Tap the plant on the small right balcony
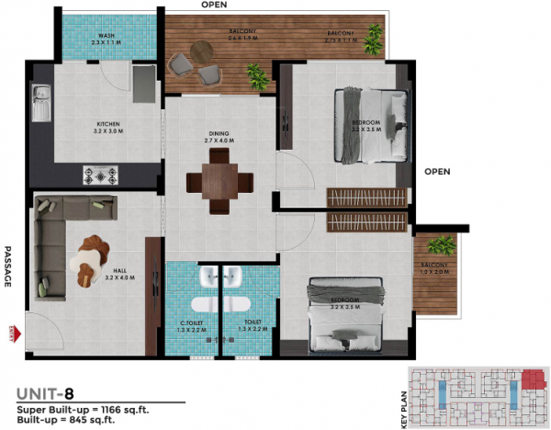point(442,245)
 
